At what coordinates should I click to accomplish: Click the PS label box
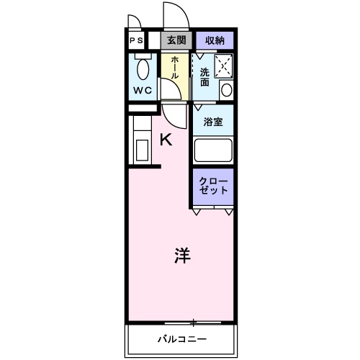136,40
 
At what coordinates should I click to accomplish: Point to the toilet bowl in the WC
143,69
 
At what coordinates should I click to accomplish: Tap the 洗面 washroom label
205,76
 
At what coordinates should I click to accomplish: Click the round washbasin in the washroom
225,90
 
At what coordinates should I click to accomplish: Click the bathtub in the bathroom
212,151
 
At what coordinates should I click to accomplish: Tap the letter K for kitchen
166,140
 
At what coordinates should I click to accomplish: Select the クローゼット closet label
214,185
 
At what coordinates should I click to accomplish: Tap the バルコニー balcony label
182,338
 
